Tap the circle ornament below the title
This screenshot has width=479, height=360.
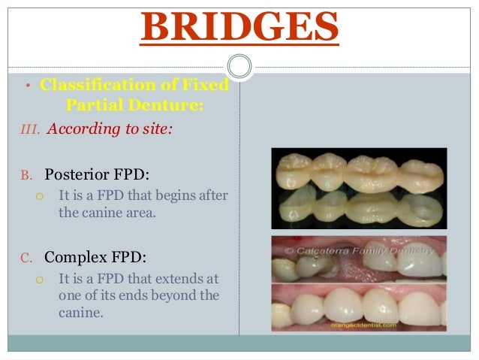[239, 67]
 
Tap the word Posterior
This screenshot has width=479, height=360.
[78, 174]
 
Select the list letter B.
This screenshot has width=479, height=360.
[26, 175]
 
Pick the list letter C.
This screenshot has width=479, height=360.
[26, 257]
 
